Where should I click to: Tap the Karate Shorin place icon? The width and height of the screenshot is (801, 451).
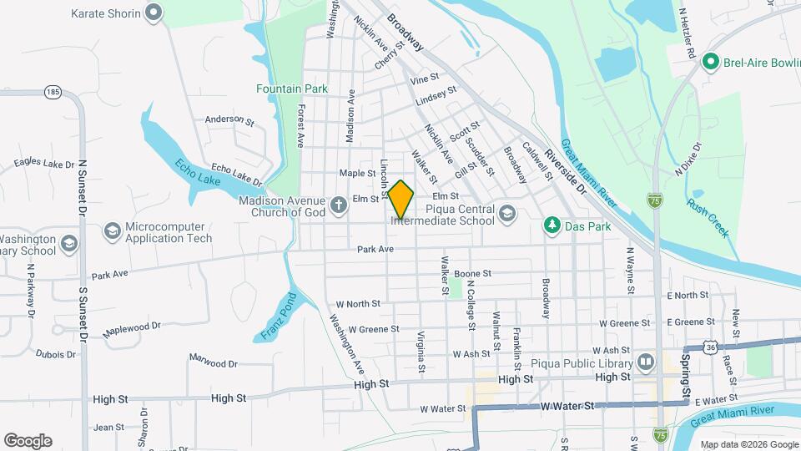point(153,13)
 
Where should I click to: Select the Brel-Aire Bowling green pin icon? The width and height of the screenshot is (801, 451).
point(710,61)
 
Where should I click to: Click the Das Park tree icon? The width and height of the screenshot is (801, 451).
point(551,225)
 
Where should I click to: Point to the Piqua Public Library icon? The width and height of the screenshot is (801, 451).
point(645,362)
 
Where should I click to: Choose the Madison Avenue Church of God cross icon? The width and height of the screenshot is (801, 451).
point(338,205)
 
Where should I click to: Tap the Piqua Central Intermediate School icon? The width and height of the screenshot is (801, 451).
point(507,215)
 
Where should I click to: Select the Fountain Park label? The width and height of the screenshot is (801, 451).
point(292,89)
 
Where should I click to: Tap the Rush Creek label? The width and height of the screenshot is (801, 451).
point(708,211)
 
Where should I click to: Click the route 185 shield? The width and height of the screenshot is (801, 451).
point(53,91)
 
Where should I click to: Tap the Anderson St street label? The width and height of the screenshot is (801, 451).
point(229,120)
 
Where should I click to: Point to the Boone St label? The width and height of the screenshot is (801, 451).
point(472,273)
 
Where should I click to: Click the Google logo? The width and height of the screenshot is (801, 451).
point(28,440)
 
